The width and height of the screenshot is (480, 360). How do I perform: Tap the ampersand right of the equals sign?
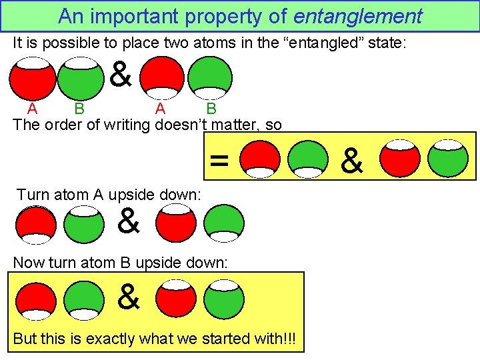[352, 160]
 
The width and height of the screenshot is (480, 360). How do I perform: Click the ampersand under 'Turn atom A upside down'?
[129, 221]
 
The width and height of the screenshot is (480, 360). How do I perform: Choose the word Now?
[29, 262]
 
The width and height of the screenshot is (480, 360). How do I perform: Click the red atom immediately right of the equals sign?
[261, 159]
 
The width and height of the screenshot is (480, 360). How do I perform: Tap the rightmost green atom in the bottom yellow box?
[225, 300]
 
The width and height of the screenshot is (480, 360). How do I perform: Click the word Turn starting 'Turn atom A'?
[32, 195]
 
